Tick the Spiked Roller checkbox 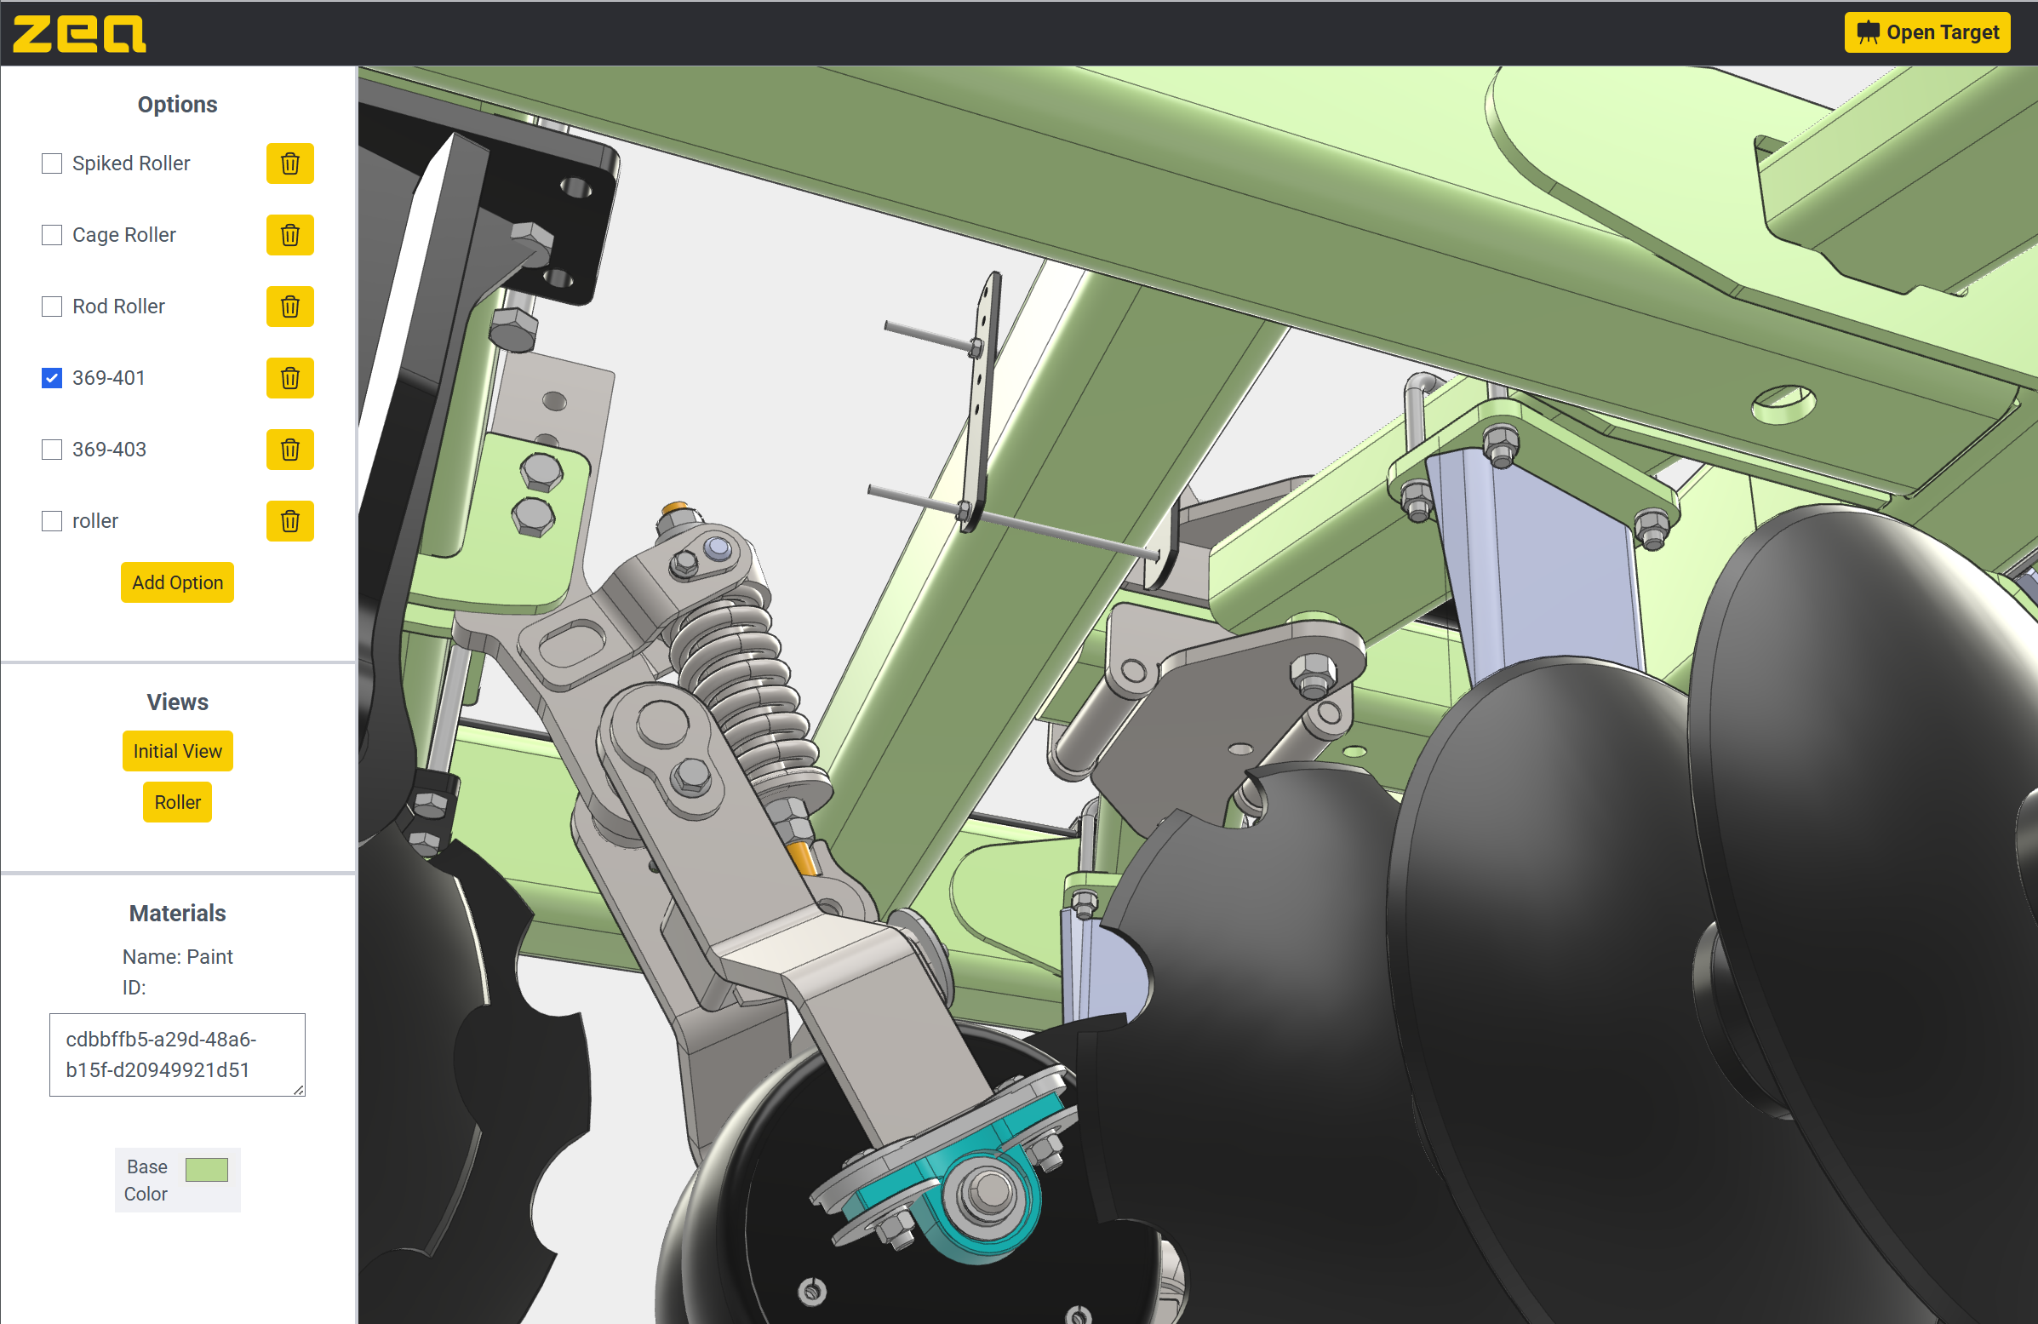[x=52, y=163]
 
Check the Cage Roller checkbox [x=52, y=235]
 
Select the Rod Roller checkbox [x=52, y=307]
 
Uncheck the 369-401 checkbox [x=52, y=378]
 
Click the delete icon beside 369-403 [x=290, y=450]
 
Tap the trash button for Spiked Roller [x=290, y=163]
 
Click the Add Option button [x=177, y=582]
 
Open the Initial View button [x=177, y=751]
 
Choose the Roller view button [x=177, y=802]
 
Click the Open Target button [x=1926, y=32]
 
